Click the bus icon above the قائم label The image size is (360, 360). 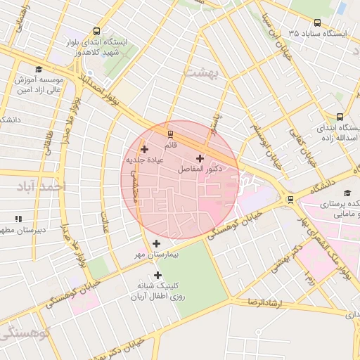pos(169,134)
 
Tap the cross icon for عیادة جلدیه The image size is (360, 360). pos(144,149)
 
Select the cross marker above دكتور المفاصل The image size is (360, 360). pos(200,158)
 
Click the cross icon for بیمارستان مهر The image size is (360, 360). pos(155,243)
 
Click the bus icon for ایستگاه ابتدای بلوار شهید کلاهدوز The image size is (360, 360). pos(96,31)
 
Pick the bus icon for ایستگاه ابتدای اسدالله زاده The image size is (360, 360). pos(340,117)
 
